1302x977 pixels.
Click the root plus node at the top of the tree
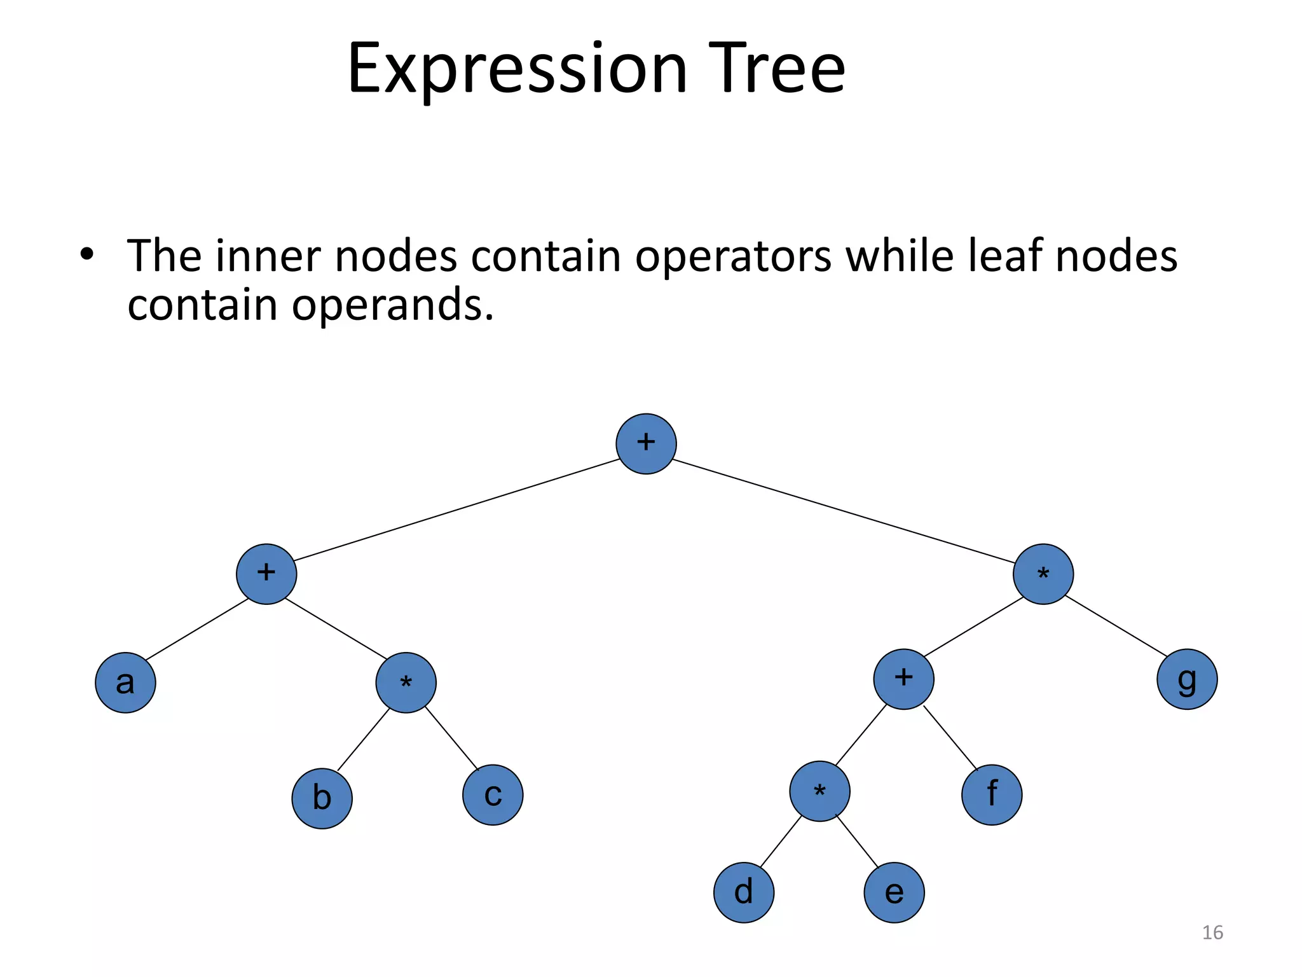pos(646,444)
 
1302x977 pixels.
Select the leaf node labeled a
pos(125,683)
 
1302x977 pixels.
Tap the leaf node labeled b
pos(322,798)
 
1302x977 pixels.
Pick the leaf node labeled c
pos(493,795)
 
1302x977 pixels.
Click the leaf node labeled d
pos(744,892)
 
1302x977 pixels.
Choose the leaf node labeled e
pos(894,892)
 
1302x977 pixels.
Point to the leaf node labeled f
pos(992,795)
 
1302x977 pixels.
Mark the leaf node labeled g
pos(1187,679)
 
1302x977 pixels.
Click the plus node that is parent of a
pos(266,574)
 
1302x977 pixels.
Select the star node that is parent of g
pos(1043,574)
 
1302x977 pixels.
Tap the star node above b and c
pos(406,683)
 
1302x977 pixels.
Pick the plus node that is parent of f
pos(903,679)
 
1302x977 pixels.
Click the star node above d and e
pos(819,791)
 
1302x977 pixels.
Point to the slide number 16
pos(1212,932)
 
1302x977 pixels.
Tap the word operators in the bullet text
pos(733,256)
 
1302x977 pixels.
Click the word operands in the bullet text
pos(392,305)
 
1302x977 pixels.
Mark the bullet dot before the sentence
pos(87,255)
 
